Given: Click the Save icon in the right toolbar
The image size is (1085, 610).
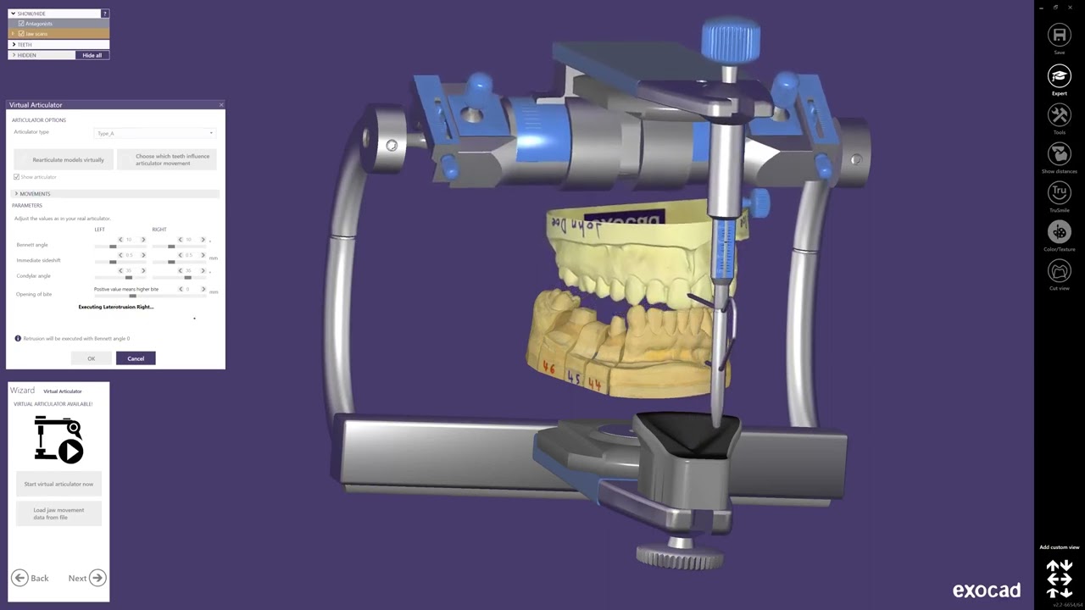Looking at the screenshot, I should (x=1059, y=35).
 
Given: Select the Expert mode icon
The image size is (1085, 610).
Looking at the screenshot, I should (x=1059, y=76).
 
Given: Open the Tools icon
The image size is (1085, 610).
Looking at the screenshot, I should (x=1059, y=114).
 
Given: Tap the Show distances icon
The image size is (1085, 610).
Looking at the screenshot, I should (x=1059, y=154).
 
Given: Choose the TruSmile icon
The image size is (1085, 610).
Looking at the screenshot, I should (x=1059, y=193).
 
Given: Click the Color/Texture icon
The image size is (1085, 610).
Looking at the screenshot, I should (x=1059, y=231).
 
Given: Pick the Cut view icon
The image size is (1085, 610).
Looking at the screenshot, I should (x=1059, y=271).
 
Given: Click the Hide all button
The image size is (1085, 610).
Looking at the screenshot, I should (x=92, y=55).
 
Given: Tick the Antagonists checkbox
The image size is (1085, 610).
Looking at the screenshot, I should (x=21, y=24).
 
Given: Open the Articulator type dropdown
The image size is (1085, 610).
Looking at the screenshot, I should (x=154, y=133).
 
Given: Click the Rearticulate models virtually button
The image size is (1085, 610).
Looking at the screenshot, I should (x=64, y=159).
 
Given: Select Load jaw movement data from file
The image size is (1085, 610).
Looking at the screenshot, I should (x=58, y=513).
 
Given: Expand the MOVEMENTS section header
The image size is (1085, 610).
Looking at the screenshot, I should (x=35, y=194).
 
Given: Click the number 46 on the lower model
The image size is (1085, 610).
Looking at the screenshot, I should (x=549, y=369).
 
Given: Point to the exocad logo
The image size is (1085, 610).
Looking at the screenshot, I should (x=986, y=591).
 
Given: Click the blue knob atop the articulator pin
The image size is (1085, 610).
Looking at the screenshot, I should (x=730, y=38).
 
